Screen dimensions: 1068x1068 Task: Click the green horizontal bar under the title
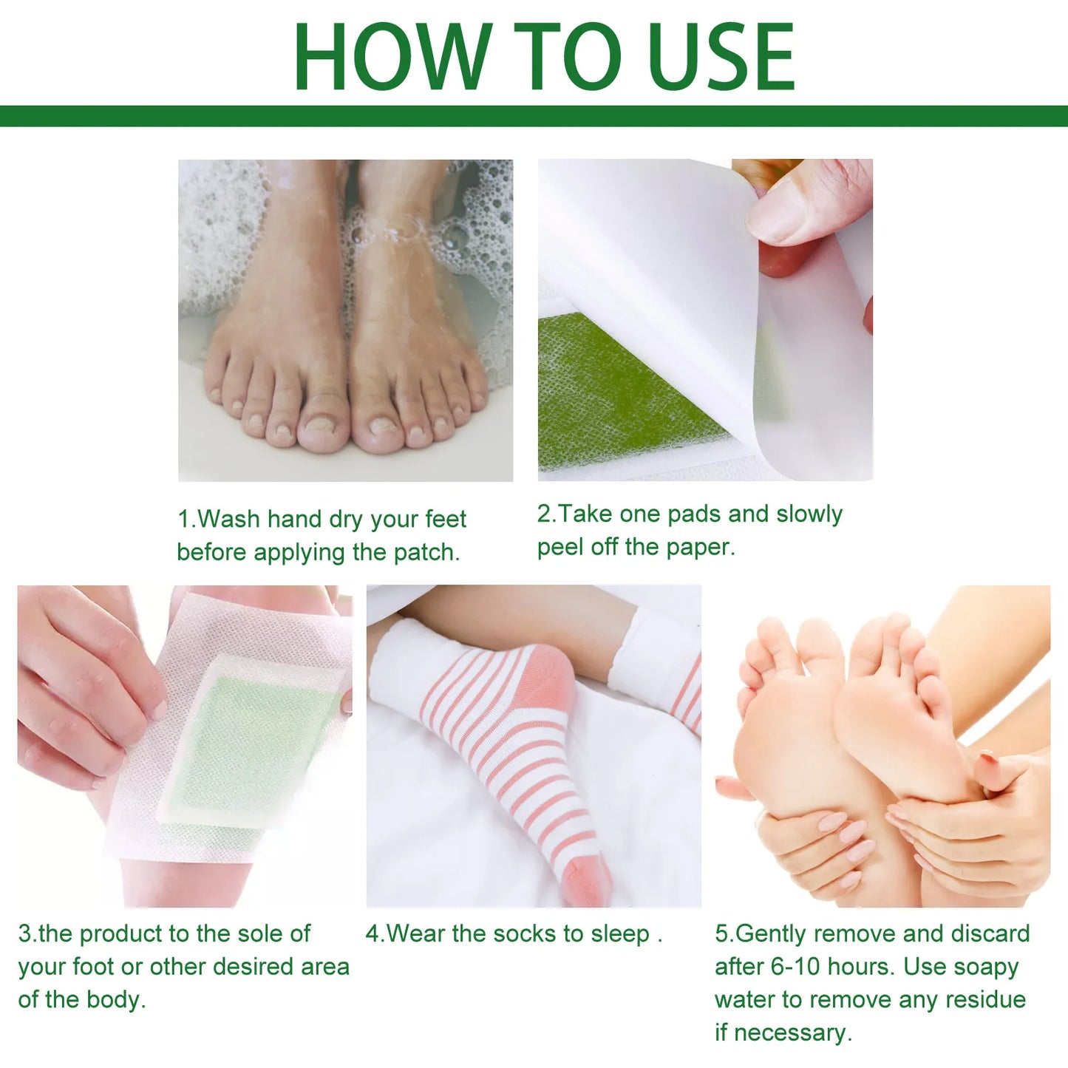(x=534, y=116)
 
